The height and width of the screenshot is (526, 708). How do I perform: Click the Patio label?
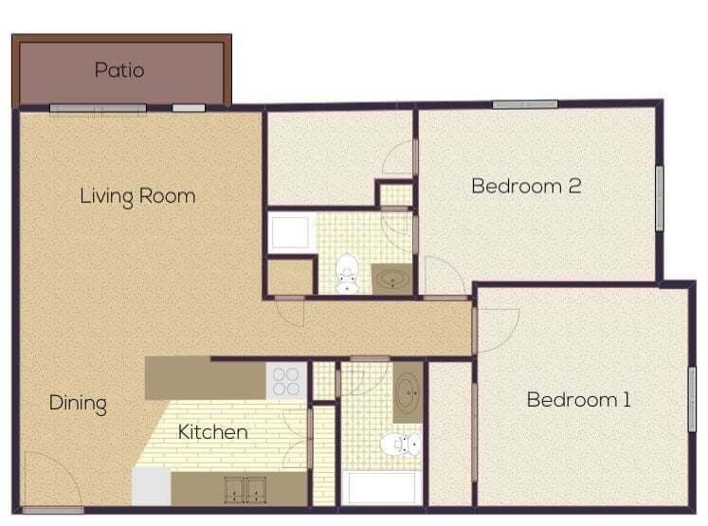pos(119,69)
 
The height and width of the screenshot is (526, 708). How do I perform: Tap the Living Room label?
pos(137,196)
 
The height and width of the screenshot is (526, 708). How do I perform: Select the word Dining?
pos(78,403)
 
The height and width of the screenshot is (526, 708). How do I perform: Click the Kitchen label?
pos(213,432)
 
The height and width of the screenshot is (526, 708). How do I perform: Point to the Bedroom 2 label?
pos(526,185)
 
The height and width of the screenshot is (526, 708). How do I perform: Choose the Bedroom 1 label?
pos(578,399)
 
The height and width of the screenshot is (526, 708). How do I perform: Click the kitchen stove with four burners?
pos(285,380)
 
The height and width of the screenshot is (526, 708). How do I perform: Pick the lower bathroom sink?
pos(408,391)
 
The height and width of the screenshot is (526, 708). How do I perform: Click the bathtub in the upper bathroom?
pos(290,232)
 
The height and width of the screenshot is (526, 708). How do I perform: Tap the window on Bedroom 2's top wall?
pos(524,104)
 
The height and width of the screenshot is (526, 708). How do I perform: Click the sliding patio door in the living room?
pos(99,108)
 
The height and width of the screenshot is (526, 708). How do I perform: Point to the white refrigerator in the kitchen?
pos(151,486)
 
